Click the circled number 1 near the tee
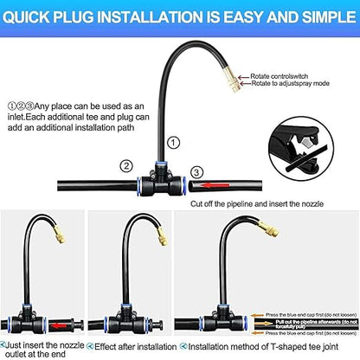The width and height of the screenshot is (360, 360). coord(174,142)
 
